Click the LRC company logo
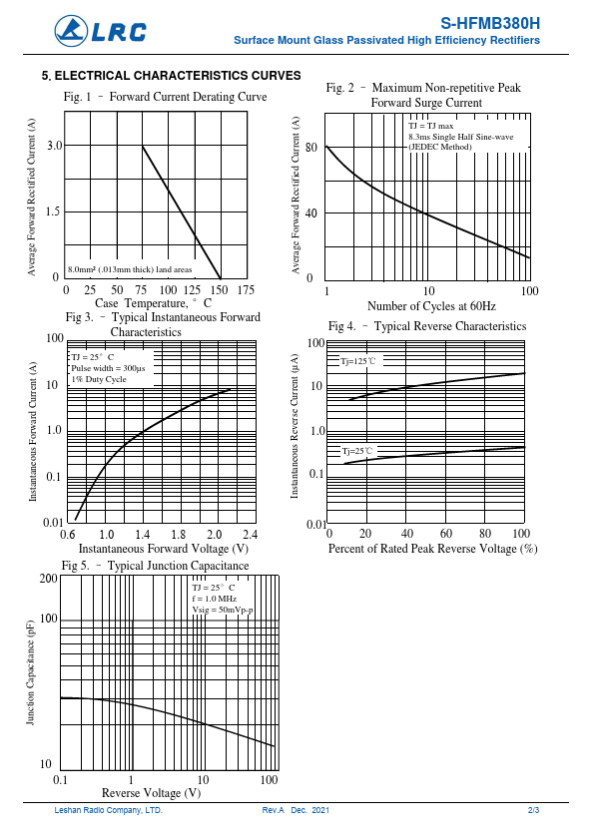click(x=100, y=31)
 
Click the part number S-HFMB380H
click(x=490, y=24)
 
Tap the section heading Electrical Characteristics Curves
click(x=172, y=76)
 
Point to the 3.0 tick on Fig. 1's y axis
click(x=55, y=146)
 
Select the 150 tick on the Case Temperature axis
click(x=219, y=290)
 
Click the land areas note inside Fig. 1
click(x=130, y=269)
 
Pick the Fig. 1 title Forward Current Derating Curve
click(x=188, y=97)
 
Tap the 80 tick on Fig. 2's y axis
click(x=310, y=148)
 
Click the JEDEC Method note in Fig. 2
click(x=440, y=147)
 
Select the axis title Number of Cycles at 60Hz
click(x=431, y=306)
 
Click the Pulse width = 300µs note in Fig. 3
click(x=108, y=368)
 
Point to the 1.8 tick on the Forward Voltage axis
click(x=178, y=534)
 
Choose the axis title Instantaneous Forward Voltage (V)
click(x=164, y=549)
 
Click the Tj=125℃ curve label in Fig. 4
click(x=358, y=361)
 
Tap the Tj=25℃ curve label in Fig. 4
click(x=357, y=451)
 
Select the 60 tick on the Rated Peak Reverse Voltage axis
click(x=445, y=533)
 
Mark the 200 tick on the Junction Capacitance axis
click(x=49, y=578)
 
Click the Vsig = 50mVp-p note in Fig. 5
click(x=223, y=610)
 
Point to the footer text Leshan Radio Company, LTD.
click(x=108, y=810)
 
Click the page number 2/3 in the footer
click(x=533, y=810)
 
